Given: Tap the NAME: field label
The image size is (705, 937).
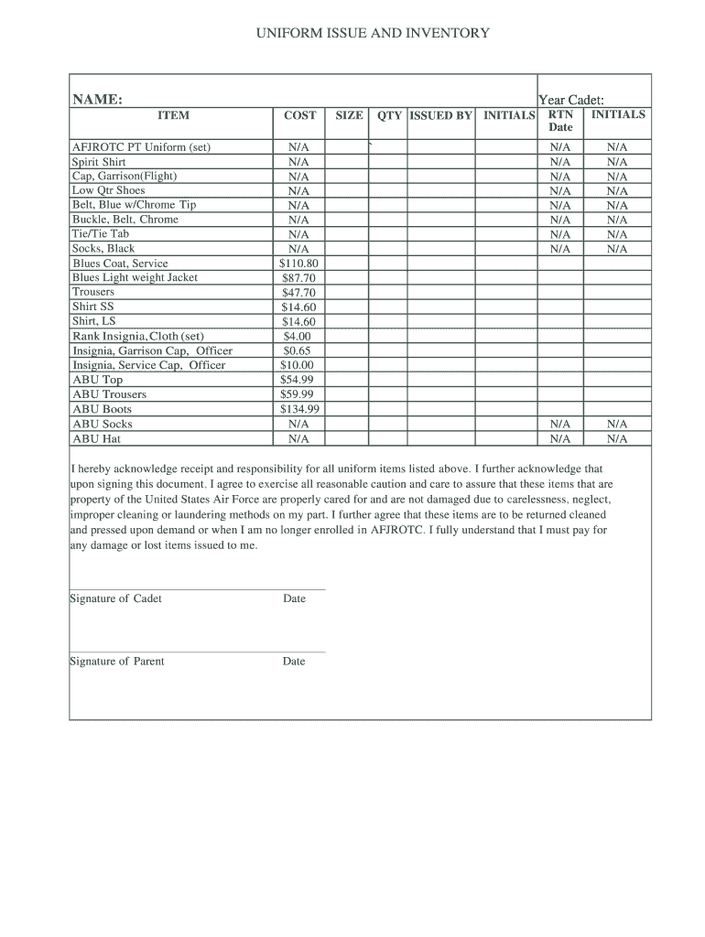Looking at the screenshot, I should pyautogui.click(x=98, y=99).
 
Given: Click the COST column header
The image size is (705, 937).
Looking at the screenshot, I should pyautogui.click(x=299, y=115).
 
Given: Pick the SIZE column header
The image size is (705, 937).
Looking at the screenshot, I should pyautogui.click(x=349, y=115).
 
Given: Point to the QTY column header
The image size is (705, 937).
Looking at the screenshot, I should pyautogui.click(x=389, y=115).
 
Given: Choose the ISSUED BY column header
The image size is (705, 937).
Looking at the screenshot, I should pyautogui.click(x=440, y=115).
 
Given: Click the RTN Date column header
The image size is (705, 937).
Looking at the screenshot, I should pyautogui.click(x=560, y=121).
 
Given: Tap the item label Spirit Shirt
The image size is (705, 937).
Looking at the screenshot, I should pyautogui.click(x=99, y=161).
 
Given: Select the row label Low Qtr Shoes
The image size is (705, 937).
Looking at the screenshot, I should pyautogui.click(x=108, y=190).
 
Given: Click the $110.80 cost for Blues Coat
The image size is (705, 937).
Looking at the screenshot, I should pyautogui.click(x=298, y=264).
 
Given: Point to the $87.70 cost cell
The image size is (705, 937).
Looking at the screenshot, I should pyautogui.click(x=298, y=278).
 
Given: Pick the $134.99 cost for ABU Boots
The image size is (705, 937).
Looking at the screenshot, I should pyautogui.click(x=298, y=409).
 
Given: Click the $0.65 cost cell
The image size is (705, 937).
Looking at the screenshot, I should pyautogui.click(x=298, y=350).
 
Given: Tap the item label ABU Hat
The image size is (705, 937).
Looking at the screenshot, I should pyautogui.click(x=96, y=438).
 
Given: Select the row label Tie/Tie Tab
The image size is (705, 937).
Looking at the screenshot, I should pyautogui.click(x=101, y=234).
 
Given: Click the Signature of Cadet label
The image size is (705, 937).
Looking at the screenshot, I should pyautogui.click(x=116, y=598).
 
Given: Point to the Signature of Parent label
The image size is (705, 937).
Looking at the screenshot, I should pyautogui.click(x=117, y=661).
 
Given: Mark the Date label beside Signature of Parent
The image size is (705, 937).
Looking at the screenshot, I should pyautogui.click(x=294, y=661).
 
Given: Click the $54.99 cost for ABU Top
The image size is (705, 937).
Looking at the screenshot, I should pyautogui.click(x=298, y=380).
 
